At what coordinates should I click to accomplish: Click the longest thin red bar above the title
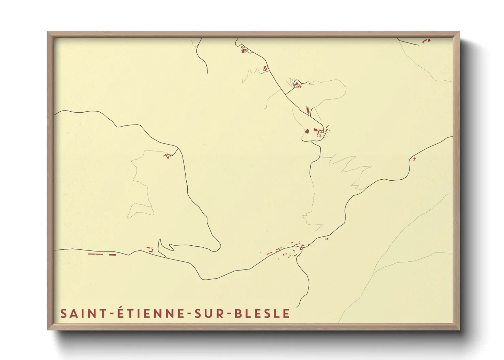click(x=95, y=254)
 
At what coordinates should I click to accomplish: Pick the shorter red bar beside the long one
click(x=112, y=254)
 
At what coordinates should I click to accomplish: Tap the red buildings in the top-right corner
click(x=426, y=41)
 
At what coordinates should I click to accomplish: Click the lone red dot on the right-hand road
click(x=414, y=159)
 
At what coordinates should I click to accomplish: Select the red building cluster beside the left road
click(x=168, y=155)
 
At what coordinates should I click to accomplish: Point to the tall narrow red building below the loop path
click(x=308, y=110)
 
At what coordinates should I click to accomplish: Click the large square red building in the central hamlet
click(x=306, y=131)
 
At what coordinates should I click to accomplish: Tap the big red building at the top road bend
click(x=243, y=51)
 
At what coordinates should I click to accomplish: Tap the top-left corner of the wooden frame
click(x=48, y=32)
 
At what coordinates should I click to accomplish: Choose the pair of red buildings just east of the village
click(x=327, y=239)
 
